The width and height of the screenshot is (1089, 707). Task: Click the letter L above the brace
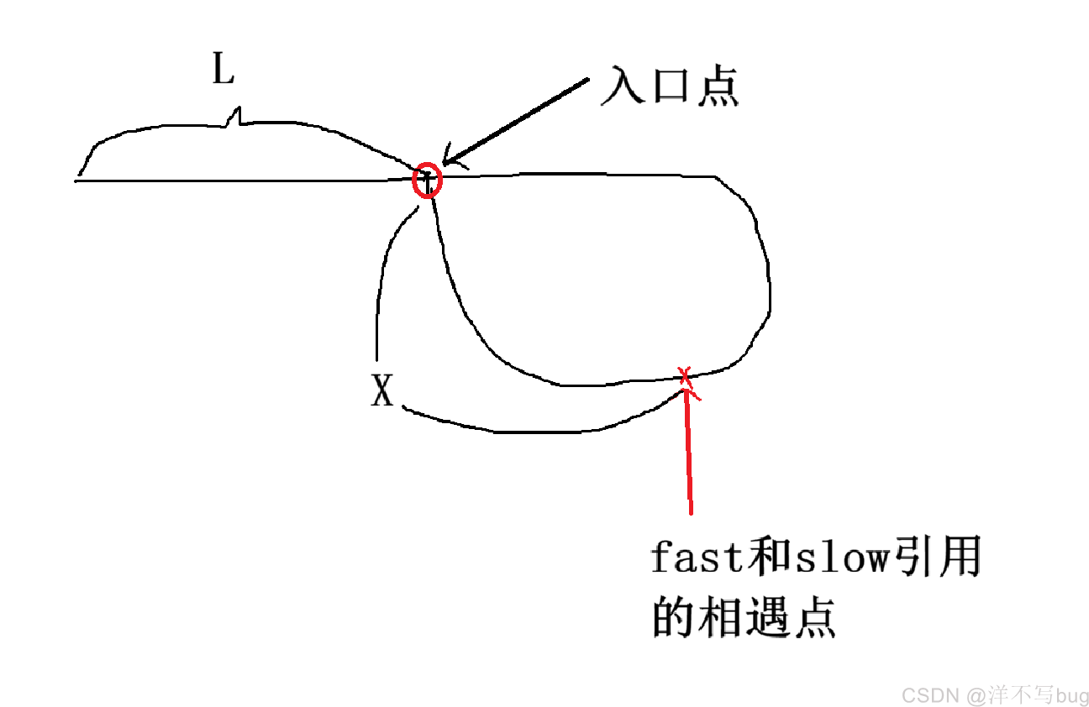pos(224,68)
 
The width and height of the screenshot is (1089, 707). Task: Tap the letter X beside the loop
pos(382,390)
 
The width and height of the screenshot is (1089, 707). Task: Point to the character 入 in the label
pos(623,86)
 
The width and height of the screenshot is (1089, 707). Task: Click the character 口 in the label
pos(671,86)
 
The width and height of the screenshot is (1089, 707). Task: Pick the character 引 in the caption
pos(912,557)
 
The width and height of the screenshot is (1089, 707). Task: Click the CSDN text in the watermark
pos(930,695)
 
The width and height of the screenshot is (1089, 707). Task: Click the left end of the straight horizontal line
pos(76,181)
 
